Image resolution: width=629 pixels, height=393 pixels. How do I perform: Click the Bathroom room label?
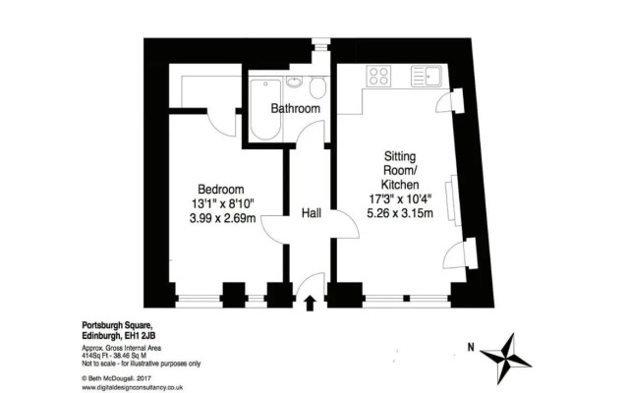point(295,108)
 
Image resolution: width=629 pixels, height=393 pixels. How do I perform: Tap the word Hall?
point(311,212)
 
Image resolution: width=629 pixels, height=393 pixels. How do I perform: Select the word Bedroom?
point(220,189)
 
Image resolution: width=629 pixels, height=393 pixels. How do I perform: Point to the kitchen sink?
point(430,74)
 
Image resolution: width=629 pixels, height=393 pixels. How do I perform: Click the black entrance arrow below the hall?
point(311,303)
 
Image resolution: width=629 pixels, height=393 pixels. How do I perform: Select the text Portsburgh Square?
point(116,322)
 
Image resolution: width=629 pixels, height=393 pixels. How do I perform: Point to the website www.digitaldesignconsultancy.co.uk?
point(142,386)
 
